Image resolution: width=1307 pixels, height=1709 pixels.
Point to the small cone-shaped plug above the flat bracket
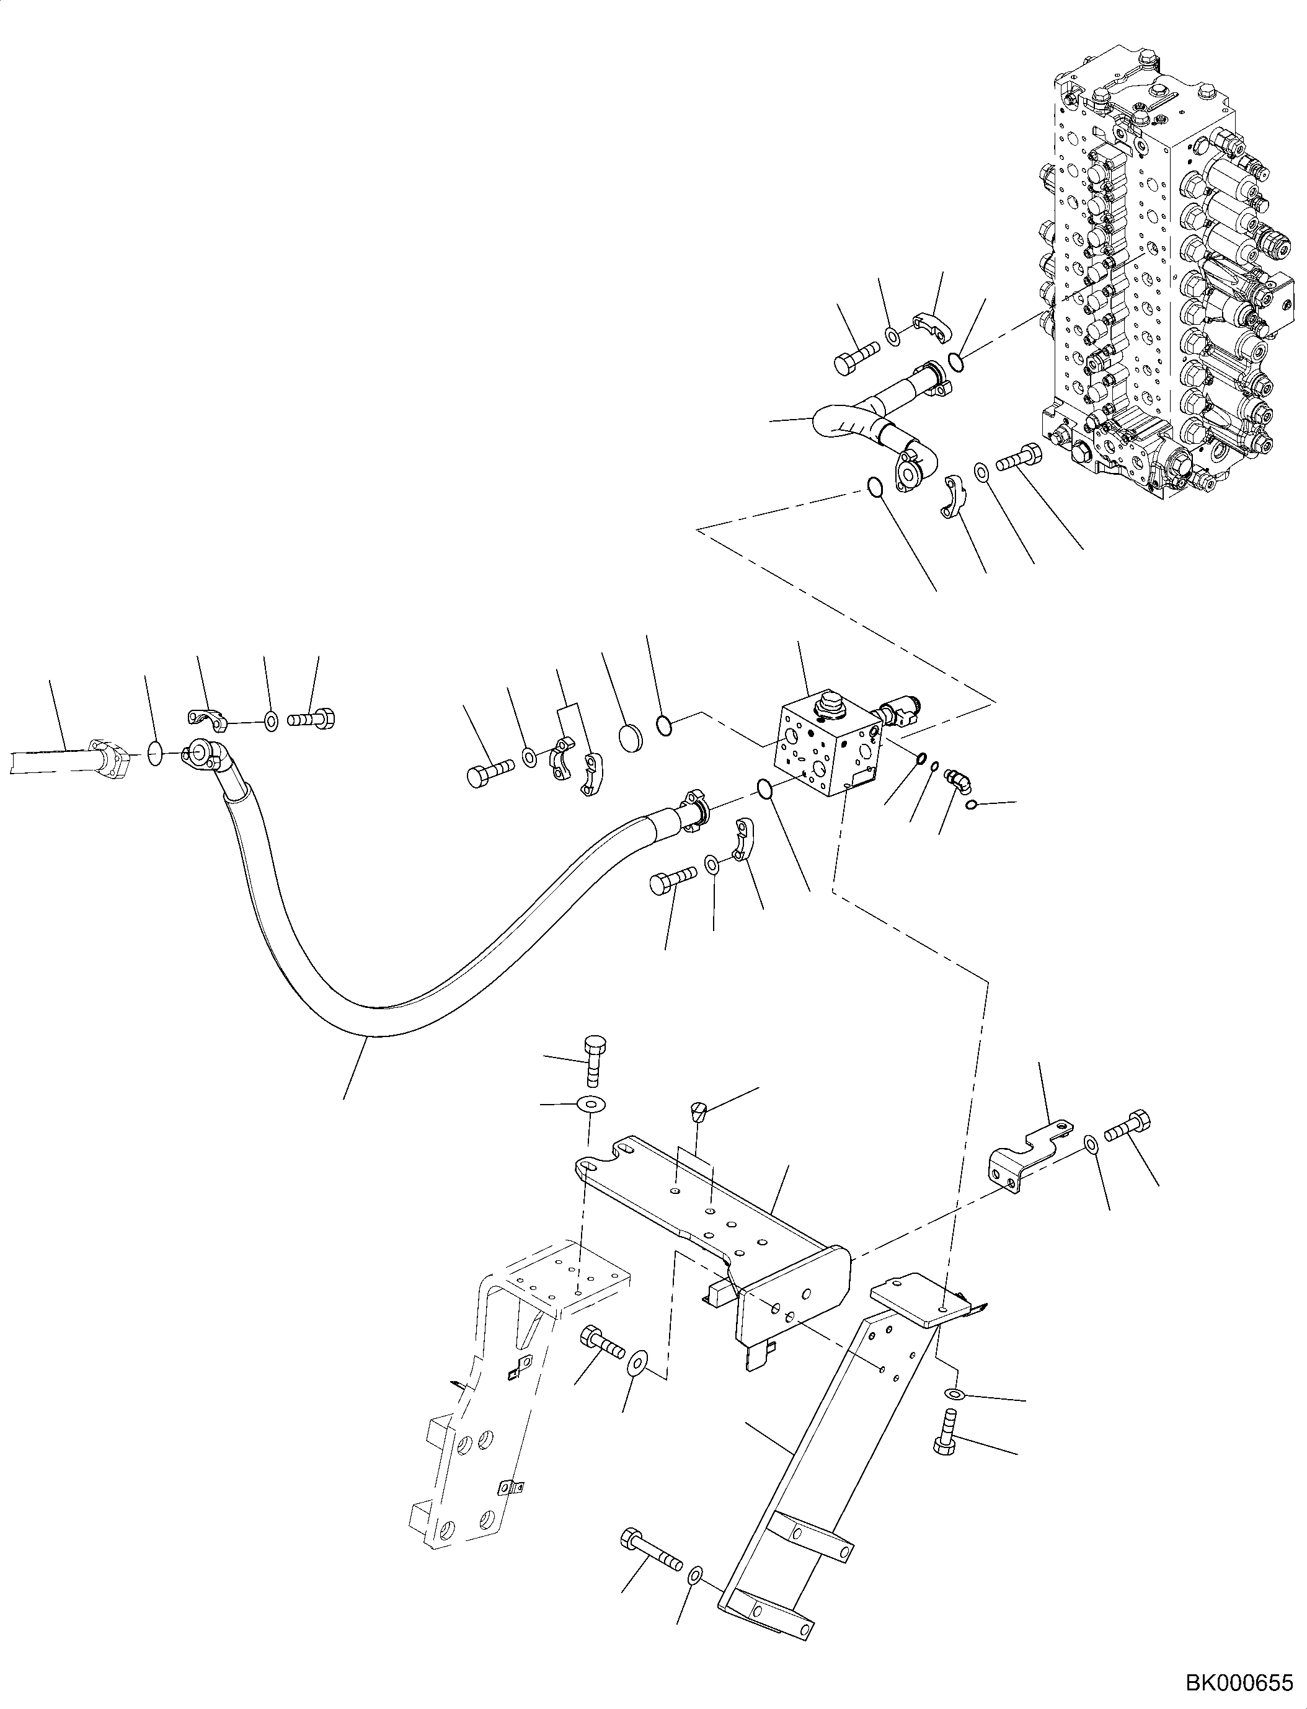click(699, 1112)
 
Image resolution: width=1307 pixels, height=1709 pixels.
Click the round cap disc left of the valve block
click(632, 735)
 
